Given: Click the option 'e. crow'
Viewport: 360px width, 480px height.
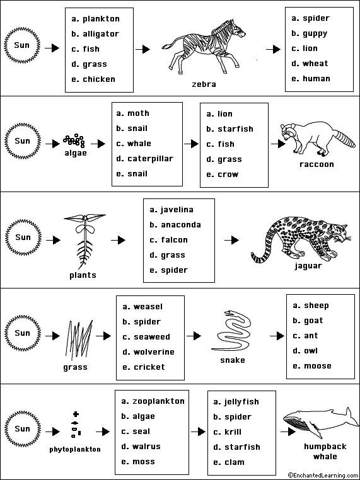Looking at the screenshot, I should (x=223, y=174).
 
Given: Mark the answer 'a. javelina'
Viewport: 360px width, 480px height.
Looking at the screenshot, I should (x=171, y=210).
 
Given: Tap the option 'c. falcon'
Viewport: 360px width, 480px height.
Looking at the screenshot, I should (x=168, y=240).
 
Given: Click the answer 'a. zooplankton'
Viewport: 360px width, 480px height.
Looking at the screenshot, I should (x=153, y=401).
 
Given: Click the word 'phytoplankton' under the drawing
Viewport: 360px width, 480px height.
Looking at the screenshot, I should (x=76, y=450).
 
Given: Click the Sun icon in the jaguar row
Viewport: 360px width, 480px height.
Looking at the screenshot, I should (x=23, y=237).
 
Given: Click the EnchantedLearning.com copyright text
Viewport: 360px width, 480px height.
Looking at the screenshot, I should (x=321, y=475).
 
